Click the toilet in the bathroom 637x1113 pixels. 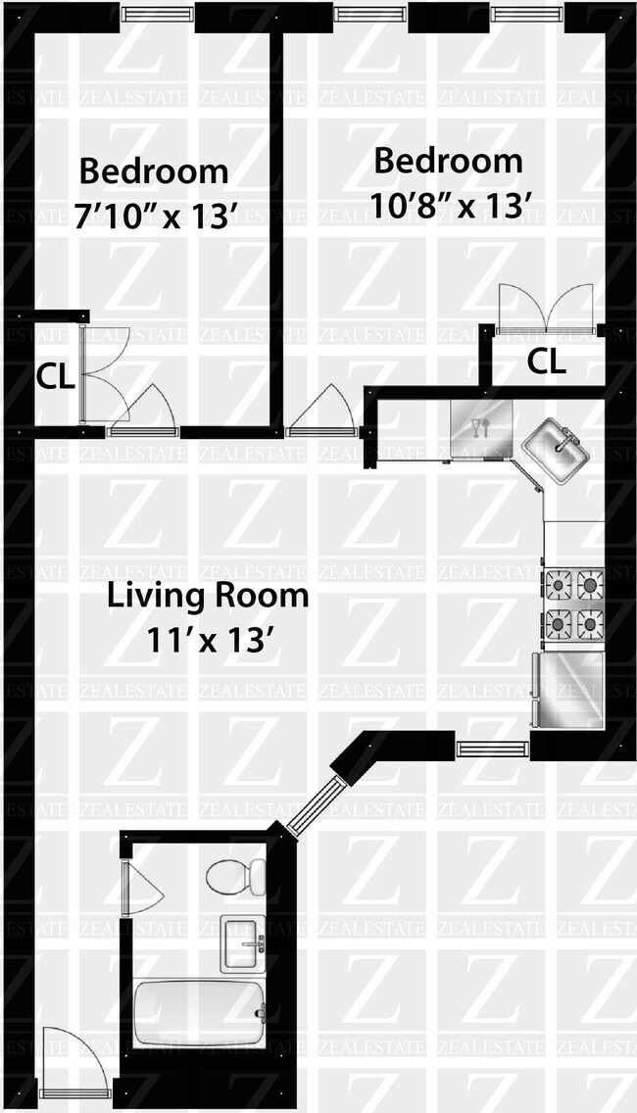tap(236, 877)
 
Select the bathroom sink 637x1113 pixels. tap(243, 944)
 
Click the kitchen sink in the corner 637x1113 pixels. tap(556, 451)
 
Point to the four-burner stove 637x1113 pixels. tap(574, 605)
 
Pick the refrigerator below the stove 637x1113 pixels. tap(568, 689)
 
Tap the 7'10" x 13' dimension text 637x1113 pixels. tap(154, 216)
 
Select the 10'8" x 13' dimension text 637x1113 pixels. tap(450, 206)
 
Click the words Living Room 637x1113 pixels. tap(208, 595)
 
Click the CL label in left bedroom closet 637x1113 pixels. tap(56, 377)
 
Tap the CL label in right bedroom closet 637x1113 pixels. tap(546, 362)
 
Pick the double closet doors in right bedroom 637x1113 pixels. tap(546, 308)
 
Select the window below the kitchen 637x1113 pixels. tap(492, 748)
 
